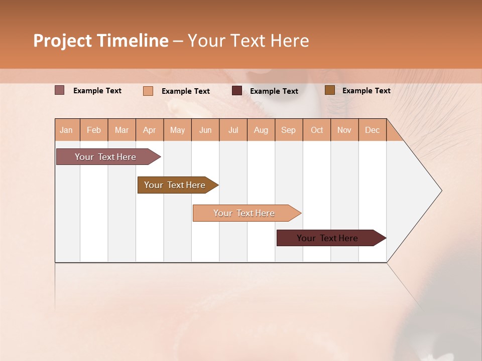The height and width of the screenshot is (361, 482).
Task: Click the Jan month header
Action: pos(67,130)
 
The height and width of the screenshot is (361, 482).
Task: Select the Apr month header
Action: pos(150,130)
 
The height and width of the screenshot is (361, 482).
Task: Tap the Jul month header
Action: pos(233,130)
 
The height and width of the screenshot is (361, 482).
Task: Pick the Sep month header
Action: pos(289,130)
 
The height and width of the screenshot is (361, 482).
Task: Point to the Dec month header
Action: pos(372,130)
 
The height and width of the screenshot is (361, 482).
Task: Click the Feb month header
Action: pos(94,130)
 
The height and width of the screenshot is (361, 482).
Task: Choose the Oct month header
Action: pos(317,130)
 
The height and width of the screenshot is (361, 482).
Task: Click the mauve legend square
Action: pos(60,90)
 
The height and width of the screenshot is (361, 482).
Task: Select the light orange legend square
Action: pos(148,91)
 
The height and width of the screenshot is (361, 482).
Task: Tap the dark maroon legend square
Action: pos(237,91)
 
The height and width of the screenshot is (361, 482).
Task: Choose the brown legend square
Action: pos(330,90)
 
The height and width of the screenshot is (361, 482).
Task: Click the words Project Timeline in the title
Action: pos(101,41)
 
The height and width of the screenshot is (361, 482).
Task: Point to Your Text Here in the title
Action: pos(249,41)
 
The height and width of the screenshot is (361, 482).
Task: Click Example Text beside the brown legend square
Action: pos(366,91)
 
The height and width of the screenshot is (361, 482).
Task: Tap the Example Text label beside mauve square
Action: pos(97,91)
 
